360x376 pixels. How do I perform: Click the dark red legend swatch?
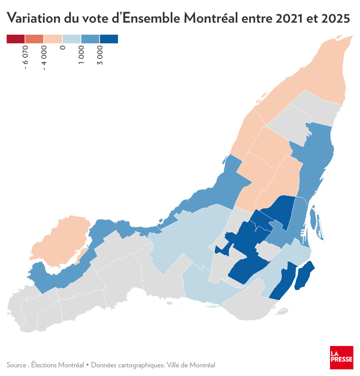pyautogui.click(x=16, y=39)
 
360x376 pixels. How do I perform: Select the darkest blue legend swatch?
pyautogui.click(x=109, y=39)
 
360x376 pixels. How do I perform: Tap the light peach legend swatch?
pyautogui.click(x=53, y=39)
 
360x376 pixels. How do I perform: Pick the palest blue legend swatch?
pyautogui.click(x=72, y=39)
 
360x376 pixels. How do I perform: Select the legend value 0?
pyautogui.click(x=63, y=48)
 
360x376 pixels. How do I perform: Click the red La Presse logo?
pyautogui.click(x=341, y=357)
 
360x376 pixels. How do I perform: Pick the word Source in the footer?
pyautogui.click(x=16, y=365)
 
